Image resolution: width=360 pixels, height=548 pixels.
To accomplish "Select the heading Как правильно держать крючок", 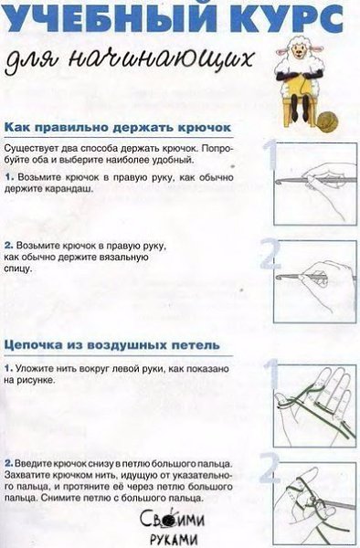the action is click(x=118, y=128).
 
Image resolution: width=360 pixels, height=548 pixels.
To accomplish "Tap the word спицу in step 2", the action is click(x=17, y=269).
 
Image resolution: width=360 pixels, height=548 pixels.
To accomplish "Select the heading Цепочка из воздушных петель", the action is click(x=111, y=345).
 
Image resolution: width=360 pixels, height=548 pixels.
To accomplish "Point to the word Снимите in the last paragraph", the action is click(x=57, y=498).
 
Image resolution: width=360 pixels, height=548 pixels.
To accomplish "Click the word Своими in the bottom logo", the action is click(x=173, y=519).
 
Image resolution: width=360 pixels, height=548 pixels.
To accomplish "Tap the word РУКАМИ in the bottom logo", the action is click(x=174, y=540).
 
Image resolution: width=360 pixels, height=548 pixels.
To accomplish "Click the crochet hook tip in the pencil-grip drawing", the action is click(x=279, y=182).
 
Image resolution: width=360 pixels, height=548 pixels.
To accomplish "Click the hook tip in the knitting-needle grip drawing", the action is click(x=280, y=278).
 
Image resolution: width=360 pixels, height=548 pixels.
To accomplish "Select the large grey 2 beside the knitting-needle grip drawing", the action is click(x=271, y=253).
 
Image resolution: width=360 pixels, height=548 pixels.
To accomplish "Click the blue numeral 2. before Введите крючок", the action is click(x=9, y=464).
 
